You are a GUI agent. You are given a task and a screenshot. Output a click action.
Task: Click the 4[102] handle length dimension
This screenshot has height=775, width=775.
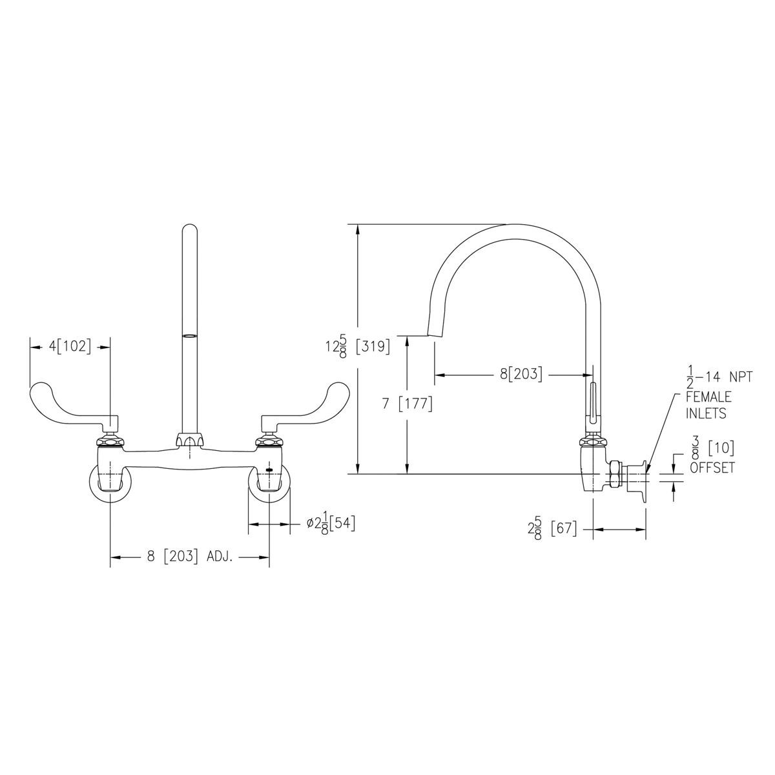(70, 346)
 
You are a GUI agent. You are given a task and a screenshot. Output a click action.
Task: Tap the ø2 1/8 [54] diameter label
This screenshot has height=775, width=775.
(331, 524)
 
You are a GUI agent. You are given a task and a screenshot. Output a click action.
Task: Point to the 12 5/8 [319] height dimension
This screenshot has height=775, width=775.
(357, 347)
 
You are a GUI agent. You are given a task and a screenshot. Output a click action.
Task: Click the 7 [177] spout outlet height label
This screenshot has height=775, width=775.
(406, 404)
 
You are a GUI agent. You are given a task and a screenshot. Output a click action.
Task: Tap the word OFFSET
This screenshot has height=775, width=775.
(712, 468)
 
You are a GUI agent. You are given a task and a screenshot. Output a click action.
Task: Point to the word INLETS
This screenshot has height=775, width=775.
(705, 413)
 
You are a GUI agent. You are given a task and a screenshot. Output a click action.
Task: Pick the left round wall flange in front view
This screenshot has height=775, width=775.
(110, 483)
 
